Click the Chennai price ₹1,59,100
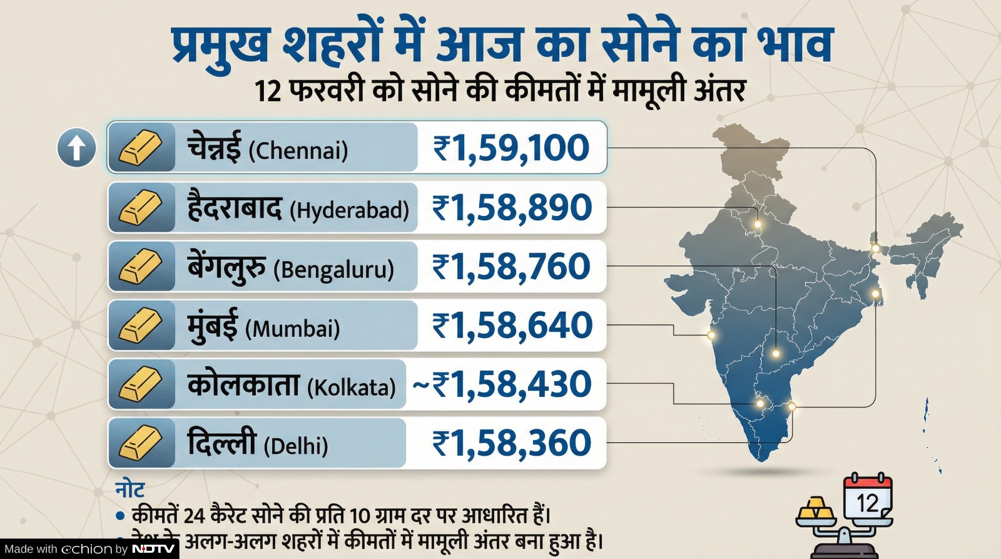tap(511, 148)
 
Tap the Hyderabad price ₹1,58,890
tap(512, 208)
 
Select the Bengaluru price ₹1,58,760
tap(511, 267)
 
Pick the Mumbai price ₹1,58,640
tap(512, 326)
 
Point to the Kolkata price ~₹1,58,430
tap(502, 384)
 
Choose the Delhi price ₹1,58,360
tap(511, 443)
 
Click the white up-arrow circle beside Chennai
tap(76, 148)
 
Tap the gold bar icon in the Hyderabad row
tap(141, 208)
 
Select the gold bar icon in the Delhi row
tap(141, 443)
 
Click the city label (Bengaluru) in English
tap(333, 270)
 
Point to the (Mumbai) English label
tap(292, 329)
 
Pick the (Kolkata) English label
tap(352, 387)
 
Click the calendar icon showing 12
tap(868, 499)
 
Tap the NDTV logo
tap(154, 549)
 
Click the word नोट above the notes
tap(130, 490)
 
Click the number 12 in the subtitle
tap(268, 91)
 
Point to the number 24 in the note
tap(195, 516)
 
